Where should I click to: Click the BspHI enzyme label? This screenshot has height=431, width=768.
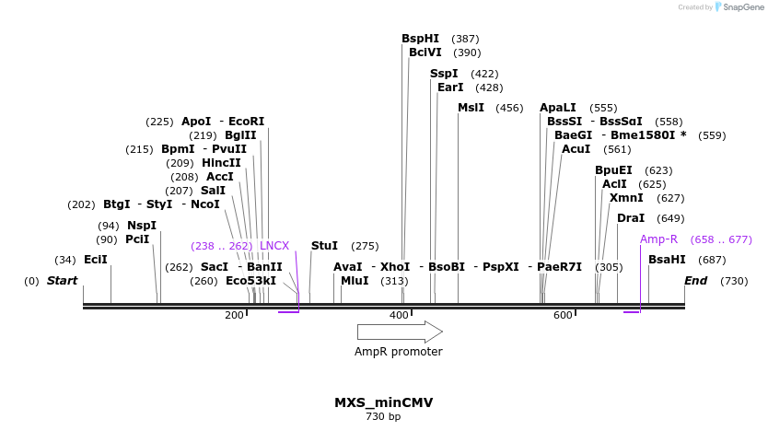pyautogui.click(x=420, y=39)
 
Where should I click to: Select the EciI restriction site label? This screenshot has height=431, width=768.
pyautogui.click(x=96, y=260)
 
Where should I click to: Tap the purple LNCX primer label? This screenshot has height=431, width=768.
pyautogui.click(x=274, y=246)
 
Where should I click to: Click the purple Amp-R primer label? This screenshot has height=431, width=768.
pyautogui.click(x=658, y=239)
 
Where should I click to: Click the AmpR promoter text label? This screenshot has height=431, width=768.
pyautogui.click(x=399, y=352)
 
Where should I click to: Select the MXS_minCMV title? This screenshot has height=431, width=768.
pyautogui.click(x=383, y=402)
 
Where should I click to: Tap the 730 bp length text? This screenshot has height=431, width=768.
pyautogui.click(x=383, y=417)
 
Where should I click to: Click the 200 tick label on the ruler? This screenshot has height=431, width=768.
pyautogui.click(x=234, y=316)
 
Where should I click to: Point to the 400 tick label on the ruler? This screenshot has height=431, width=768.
pyautogui.click(x=399, y=316)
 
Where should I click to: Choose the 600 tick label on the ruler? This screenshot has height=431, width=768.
pyautogui.click(x=563, y=316)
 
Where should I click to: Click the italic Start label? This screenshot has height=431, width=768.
pyautogui.click(x=63, y=281)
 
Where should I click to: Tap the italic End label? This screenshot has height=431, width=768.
pyautogui.click(x=695, y=281)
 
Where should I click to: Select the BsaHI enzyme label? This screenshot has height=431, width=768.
pyautogui.click(x=667, y=260)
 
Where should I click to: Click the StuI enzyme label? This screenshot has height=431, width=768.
pyautogui.click(x=324, y=246)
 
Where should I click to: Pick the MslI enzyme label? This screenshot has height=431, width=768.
pyautogui.click(x=471, y=108)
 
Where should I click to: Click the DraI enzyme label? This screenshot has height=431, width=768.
pyautogui.click(x=631, y=218)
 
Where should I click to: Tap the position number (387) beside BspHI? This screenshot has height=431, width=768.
pyautogui.click(x=465, y=39)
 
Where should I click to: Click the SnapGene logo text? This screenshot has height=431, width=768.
pyautogui.click(x=743, y=7)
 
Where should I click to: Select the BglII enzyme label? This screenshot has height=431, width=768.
pyautogui.click(x=240, y=135)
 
